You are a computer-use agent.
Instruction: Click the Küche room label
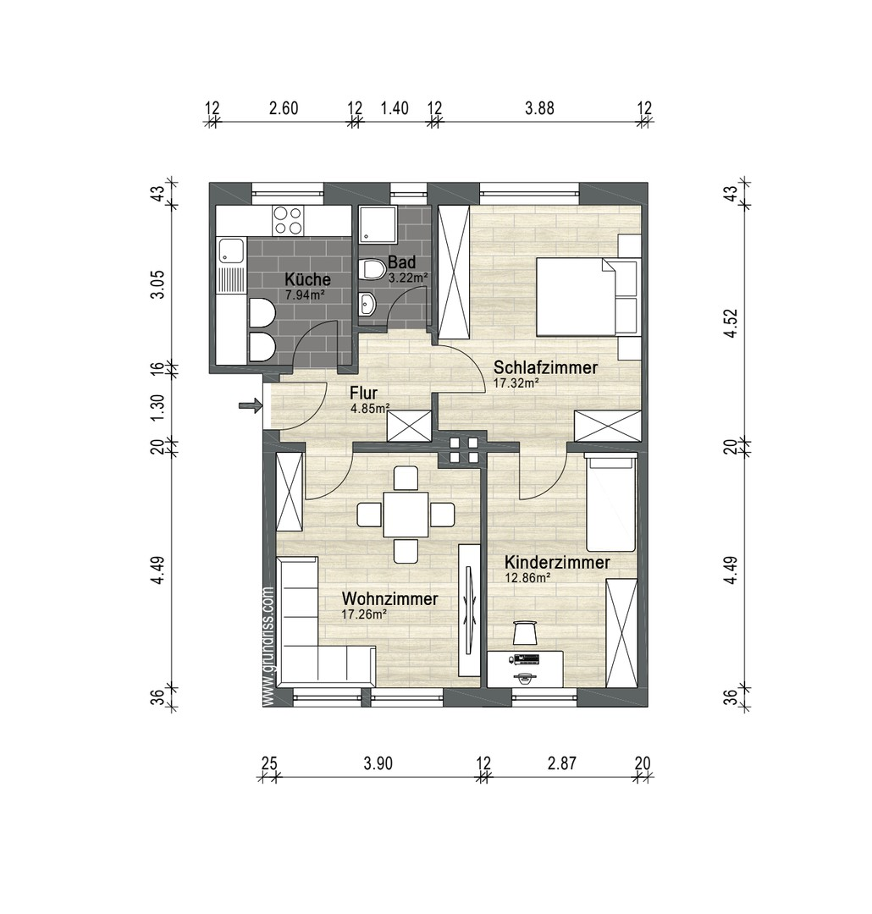point(307,279)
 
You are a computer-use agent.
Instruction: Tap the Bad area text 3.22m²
point(408,278)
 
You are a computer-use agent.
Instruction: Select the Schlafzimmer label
point(545,367)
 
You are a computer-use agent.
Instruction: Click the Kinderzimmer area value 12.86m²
point(528,578)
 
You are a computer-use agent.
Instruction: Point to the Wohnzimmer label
point(389,599)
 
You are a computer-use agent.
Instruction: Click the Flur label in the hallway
point(363,393)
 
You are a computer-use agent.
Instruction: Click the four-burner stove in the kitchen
point(288,221)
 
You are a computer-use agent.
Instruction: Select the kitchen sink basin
point(229,251)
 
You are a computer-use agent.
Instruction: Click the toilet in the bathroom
point(370,270)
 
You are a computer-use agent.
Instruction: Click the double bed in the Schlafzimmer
point(576,297)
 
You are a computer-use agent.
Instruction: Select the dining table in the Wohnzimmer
point(406,514)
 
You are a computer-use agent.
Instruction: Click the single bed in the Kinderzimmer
point(611,504)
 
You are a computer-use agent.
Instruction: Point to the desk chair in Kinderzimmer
point(526,631)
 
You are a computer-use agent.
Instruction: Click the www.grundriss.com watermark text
point(268,647)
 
